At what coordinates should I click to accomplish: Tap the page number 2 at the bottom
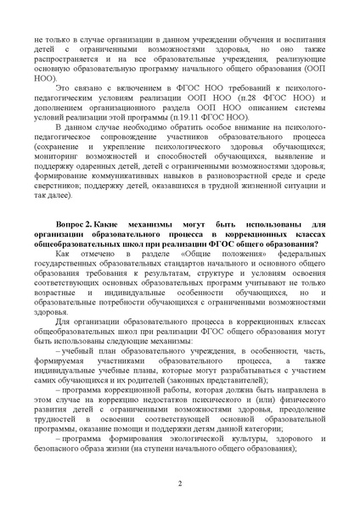[x=180, y=484]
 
